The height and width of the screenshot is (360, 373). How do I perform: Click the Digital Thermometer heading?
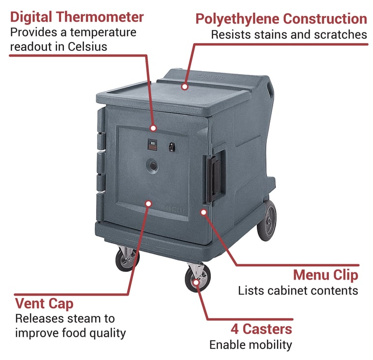77,17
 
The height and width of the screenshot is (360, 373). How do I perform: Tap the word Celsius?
87,46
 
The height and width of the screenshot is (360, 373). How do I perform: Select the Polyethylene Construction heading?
281,19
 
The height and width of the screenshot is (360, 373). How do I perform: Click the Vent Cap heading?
44,304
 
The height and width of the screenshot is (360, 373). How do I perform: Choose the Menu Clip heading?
326,275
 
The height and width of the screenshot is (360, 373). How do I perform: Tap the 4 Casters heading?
261,329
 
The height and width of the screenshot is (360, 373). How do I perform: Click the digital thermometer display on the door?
152,145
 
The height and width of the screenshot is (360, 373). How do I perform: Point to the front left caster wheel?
127,260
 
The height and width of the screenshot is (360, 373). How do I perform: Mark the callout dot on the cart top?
185,87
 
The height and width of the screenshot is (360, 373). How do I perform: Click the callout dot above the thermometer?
154,128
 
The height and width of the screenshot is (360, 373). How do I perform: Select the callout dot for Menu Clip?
203,212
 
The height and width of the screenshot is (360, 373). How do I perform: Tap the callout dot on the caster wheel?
196,282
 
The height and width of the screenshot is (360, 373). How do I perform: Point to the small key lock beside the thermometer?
172,147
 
